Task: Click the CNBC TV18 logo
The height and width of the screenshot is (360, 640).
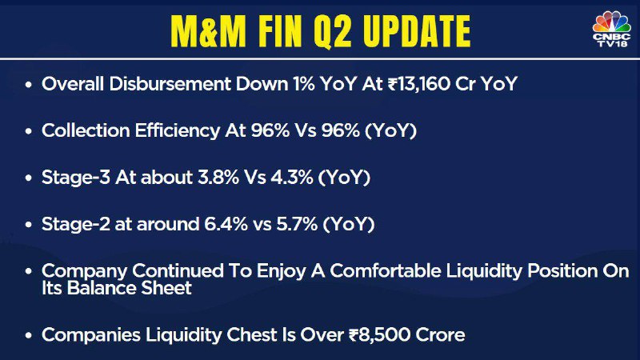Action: click(611, 29)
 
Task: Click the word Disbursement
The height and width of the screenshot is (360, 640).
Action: click(170, 84)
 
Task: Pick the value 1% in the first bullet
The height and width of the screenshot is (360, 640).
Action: click(303, 84)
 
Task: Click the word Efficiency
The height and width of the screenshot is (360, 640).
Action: click(177, 131)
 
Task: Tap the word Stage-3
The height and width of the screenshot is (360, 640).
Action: click(76, 178)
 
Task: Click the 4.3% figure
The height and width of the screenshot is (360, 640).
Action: click(292, 178)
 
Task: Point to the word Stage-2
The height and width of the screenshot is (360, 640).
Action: click(76, 224)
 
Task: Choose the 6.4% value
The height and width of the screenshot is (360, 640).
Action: click(226, 224)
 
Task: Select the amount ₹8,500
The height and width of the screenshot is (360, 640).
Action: click(379, 335)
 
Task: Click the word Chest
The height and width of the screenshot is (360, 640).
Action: click(251, 334)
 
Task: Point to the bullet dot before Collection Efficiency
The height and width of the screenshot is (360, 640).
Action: click(28, 131)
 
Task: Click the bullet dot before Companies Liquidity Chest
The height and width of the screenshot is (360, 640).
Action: click(28, 335)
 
